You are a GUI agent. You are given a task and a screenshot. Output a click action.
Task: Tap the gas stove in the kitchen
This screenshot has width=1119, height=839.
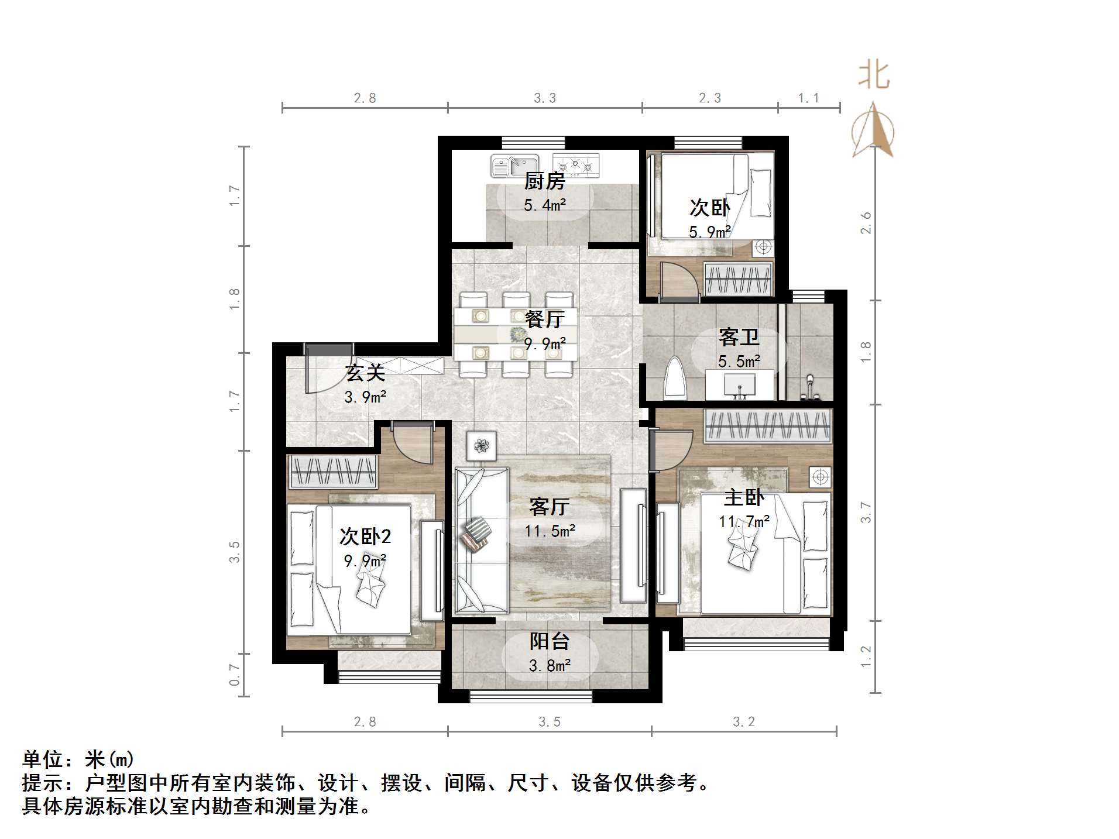pos(576,165)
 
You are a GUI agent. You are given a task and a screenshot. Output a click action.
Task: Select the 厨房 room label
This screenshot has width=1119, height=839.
pos(544,181)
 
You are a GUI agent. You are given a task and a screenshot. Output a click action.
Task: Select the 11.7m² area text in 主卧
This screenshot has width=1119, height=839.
pos(744,521)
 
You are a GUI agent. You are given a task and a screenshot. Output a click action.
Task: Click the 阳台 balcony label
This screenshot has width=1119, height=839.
pos(549,641)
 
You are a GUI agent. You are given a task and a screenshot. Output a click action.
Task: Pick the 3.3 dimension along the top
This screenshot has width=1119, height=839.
pos(544,98)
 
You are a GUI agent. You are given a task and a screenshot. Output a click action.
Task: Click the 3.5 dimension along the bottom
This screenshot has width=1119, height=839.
pos(549,722)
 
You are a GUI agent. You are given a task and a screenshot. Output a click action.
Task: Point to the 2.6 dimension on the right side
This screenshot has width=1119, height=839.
pos(866,223)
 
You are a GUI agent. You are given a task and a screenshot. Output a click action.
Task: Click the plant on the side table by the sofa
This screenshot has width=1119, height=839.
pos(482,446)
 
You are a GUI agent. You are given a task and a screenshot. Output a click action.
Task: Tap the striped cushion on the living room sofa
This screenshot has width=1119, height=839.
pos(476,532)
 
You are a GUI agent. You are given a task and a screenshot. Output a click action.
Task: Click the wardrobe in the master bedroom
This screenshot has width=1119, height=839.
pos(768,425)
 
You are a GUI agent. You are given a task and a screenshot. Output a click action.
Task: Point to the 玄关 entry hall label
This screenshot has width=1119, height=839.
pos(365,373)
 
